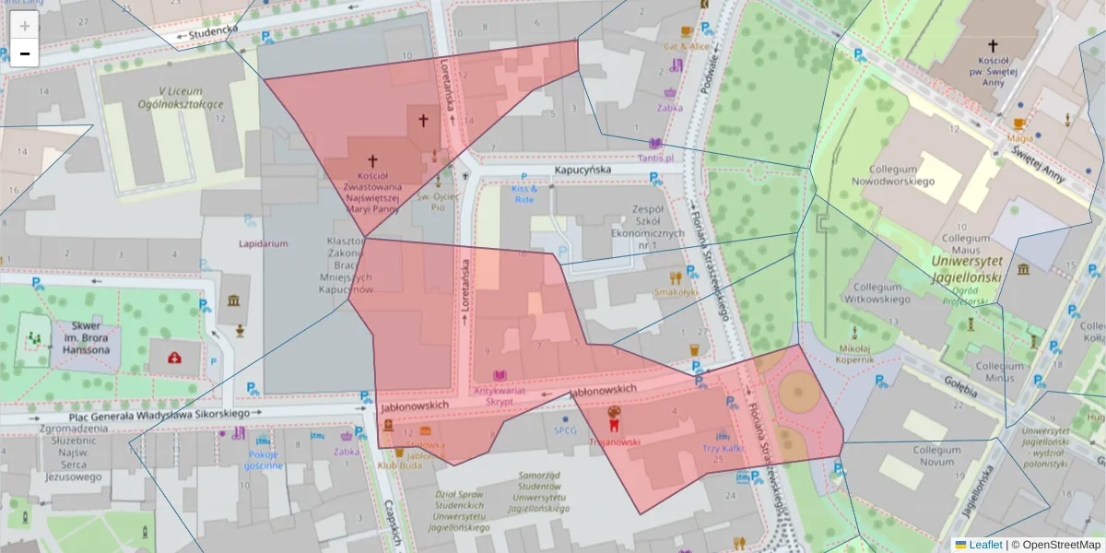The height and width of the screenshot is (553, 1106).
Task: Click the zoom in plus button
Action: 25,26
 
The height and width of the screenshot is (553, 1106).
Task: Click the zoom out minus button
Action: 25,53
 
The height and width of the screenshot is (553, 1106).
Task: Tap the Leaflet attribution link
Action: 985,545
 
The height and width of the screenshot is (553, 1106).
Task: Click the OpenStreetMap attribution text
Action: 1060,545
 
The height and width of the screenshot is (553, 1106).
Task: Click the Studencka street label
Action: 213,30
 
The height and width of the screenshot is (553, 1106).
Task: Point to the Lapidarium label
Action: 264,244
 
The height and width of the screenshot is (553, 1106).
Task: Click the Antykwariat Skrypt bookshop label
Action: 500,396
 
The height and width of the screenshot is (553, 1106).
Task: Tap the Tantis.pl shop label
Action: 655,158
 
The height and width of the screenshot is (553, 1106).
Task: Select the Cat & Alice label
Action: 688,45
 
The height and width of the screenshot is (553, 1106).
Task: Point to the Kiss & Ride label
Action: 524,194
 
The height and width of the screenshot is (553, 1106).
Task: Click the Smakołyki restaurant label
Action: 676,292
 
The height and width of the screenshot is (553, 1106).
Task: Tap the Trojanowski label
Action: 614,441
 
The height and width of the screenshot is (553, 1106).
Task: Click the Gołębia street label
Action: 959,387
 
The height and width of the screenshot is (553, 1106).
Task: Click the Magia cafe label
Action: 1019,138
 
